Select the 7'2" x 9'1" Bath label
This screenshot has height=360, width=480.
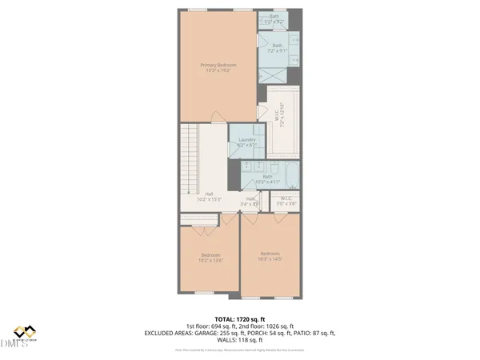coord(278,49)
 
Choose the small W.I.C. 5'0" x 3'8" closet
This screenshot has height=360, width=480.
coord(287,202)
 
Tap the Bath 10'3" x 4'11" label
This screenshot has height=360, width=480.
coord(267,179)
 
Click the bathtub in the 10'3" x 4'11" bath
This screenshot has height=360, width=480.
coord(288,172)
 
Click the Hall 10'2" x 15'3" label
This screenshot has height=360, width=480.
coord(210,197)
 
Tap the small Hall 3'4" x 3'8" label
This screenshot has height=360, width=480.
coord(250,202)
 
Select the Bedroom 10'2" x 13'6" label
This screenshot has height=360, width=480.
coord(210,258)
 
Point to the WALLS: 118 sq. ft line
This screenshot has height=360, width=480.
coord(239,340)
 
